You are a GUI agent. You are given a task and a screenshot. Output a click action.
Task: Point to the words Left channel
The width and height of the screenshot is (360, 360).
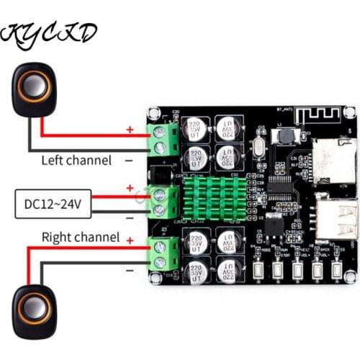click(76, 161)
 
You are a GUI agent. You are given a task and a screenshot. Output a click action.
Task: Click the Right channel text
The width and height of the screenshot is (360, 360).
click(80, 235)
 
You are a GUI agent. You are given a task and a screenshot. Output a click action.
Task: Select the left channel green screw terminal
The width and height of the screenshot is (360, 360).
click(162, 140)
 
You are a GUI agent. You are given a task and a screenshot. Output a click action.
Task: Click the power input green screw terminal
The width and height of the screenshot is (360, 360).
click(162, 202)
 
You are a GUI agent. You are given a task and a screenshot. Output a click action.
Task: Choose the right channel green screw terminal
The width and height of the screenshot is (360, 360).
click(163, 253)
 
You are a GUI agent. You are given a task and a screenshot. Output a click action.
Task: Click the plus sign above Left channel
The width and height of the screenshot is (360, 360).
click(130, 130)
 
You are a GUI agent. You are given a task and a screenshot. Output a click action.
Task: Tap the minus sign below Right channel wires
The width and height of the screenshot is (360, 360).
click(130, 271)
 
